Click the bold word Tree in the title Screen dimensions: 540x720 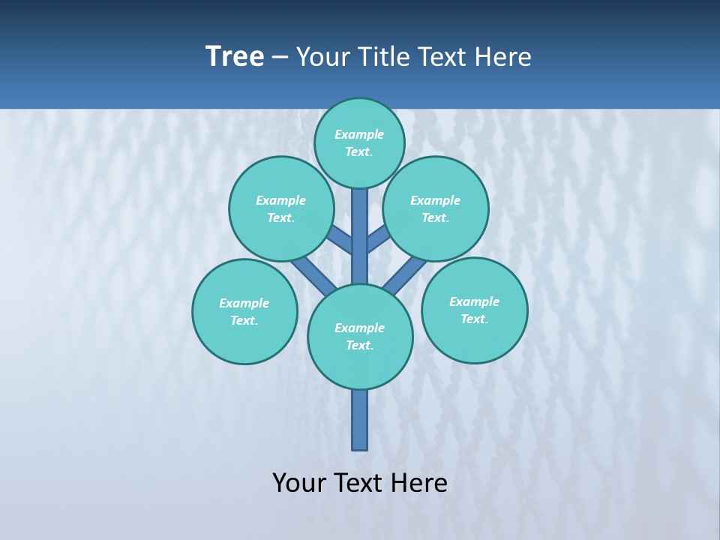[235, 57]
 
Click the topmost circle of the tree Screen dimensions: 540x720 [359, 142]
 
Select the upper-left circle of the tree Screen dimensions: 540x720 [281, 208]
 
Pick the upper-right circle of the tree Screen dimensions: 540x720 [436, 208]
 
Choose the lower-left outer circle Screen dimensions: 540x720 [244, 311]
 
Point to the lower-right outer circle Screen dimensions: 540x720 [475, 310]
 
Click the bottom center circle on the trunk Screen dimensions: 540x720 [360, 337]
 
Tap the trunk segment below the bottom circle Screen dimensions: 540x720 [360, 420]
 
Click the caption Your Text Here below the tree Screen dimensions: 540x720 [360, 483]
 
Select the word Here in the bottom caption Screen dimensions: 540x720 [418, 483]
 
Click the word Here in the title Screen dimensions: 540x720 [502, 57]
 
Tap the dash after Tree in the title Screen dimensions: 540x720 [280, 57]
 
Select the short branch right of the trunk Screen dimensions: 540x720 [378, 240]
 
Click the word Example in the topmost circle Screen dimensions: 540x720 [359, 134]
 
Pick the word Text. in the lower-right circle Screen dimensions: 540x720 [475, 319]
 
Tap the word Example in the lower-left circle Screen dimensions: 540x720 [244, 303]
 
